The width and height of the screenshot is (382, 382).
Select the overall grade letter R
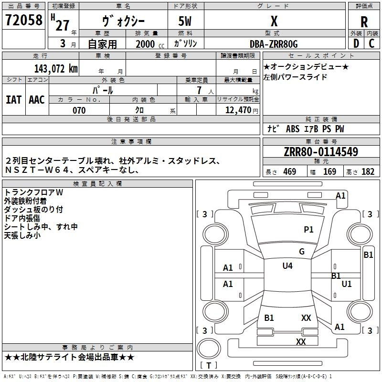[364, 21]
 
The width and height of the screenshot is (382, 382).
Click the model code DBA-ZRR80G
[274, 44]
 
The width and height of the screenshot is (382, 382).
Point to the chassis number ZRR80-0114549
[321, 152]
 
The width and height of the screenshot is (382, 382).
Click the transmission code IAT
[13, 99]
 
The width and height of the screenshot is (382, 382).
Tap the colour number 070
[79, 110]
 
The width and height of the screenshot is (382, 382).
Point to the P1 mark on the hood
[308, 230]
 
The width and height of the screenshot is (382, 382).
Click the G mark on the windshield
[302, 252]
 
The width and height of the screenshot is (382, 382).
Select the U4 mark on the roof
[287, 266]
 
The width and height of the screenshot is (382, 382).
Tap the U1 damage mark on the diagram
[347, 284]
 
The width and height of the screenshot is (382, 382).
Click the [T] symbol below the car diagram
[209, 366]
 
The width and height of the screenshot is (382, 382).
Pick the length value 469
[289, 172]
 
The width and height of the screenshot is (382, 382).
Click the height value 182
[368, 172]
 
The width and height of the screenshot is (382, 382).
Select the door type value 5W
[186, 21]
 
